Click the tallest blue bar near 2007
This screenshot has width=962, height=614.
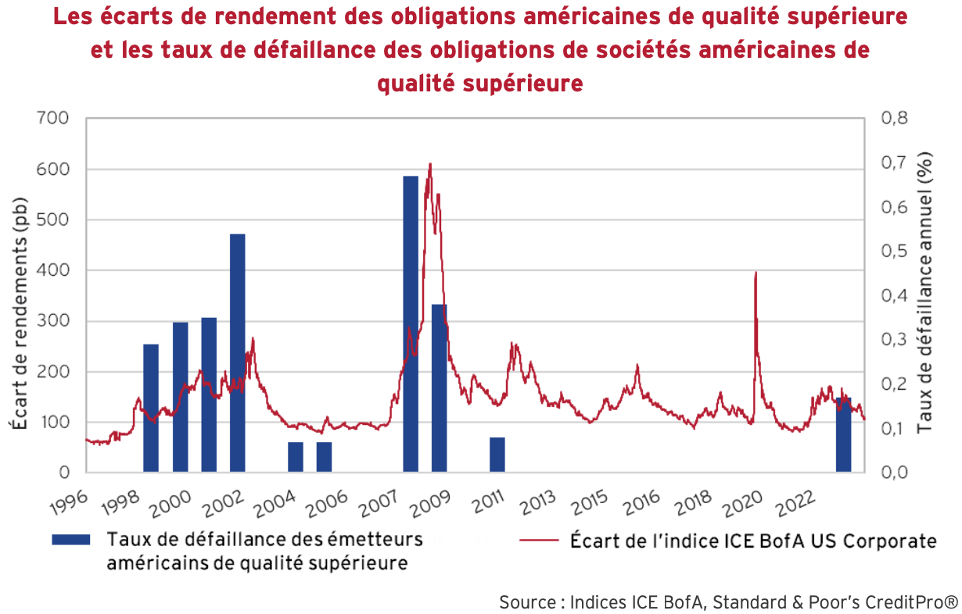[411, 324]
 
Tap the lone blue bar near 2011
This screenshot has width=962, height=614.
[497, 455]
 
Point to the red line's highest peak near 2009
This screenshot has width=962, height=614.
[430, 166]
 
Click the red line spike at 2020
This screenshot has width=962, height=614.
[756, 273]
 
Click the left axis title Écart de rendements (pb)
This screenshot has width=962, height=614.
[20, 312]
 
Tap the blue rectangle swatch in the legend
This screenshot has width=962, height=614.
[70, 540]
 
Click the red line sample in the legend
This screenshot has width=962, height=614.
[539, 541]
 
